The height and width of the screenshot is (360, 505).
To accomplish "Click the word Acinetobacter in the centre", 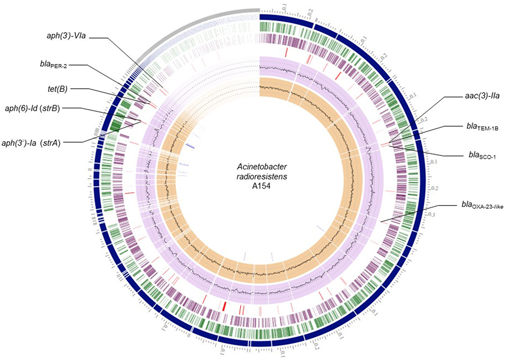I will pyautogui.click(x=262, y=167).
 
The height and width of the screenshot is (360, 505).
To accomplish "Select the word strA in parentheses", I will pyautogui.click(x=50, y=143).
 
